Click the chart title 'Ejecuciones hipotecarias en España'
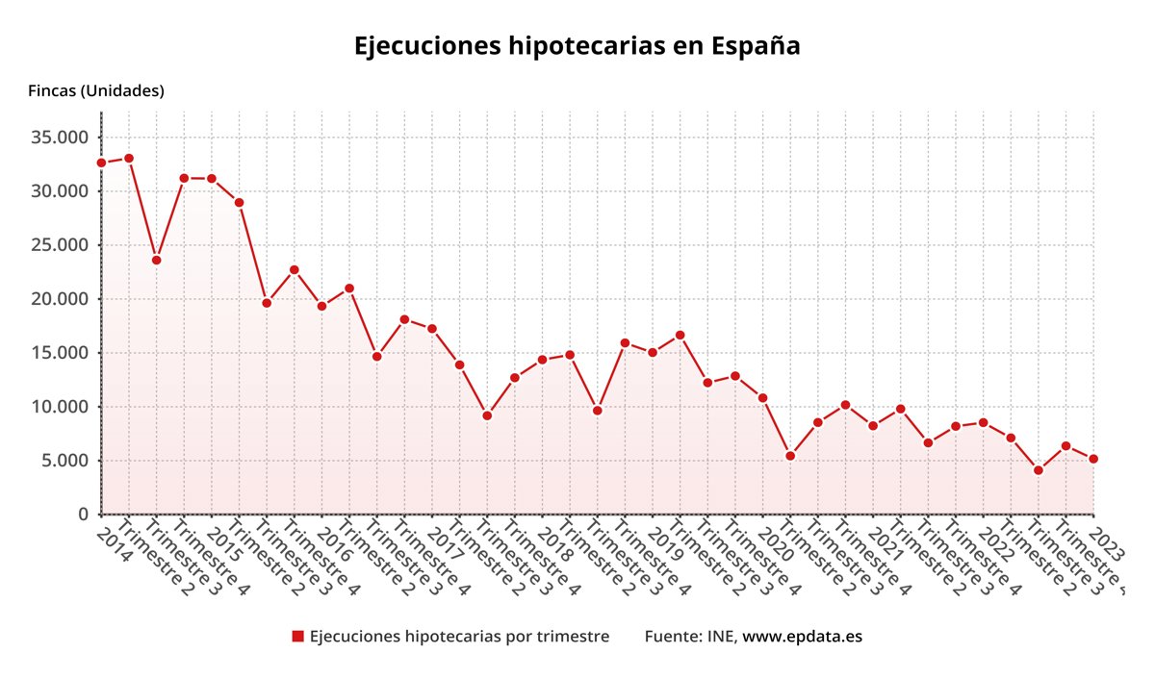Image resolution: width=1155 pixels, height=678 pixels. coord(577,46)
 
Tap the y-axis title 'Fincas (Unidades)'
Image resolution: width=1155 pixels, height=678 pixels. coord(96,90)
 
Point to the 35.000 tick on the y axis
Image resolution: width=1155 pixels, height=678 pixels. coord(60,138)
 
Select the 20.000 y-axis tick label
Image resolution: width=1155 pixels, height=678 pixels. coord(60,299)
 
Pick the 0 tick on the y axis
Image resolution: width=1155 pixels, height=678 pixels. coord(84,515)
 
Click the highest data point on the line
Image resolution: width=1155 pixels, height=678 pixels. coord(129,158)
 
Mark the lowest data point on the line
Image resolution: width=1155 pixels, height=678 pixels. coord(1039,470)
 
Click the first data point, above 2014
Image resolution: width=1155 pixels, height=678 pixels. coord(101,163)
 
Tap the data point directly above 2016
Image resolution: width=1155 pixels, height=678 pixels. coord(321,306)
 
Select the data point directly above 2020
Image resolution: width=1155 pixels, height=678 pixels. coord(762,398)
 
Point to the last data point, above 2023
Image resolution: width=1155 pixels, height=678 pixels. coord(1093,459)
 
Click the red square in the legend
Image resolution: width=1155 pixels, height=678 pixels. coord(297,637)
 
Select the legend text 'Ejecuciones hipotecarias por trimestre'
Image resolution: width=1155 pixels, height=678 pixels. coord(459,637)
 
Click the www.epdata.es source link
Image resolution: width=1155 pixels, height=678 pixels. coord(802,637)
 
